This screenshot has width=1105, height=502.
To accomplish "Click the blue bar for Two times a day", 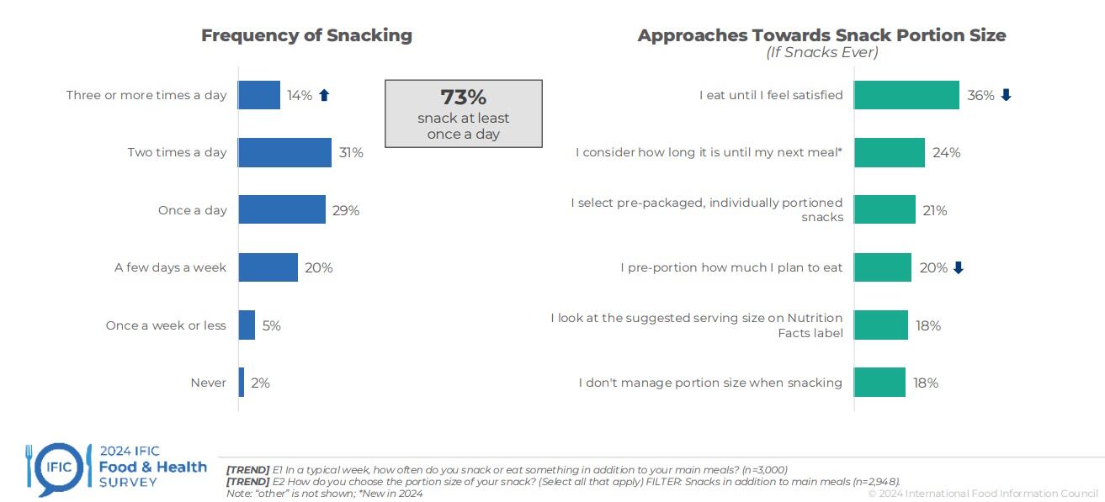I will [x=284, y=153].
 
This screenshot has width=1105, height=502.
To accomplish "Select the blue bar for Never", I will [x=242, y=383].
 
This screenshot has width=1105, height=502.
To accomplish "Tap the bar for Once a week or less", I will [x=247, y=325].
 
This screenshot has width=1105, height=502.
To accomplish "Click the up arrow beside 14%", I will [x=324, y=96].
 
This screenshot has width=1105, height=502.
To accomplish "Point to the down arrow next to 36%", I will [x=1006, y=96].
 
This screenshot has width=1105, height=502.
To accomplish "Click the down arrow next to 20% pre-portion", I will [x=958, y=268].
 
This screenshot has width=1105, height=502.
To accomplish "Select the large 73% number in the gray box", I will [x=464, y=98].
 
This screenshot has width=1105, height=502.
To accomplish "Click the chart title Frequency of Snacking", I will [x=306, y=35].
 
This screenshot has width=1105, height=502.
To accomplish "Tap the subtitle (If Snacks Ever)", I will [x=821, y=53].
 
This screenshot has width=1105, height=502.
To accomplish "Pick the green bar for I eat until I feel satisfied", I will [x=906, y=95].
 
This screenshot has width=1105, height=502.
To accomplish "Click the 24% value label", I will [x=946, y=153].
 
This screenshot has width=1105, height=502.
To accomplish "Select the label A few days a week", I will [x=171, y=268].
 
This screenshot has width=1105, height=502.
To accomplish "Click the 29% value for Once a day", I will [x=346, y=210].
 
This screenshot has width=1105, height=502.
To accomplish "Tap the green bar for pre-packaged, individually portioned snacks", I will [x=885, y=210].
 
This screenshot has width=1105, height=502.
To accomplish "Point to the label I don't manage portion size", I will [x=710, y=383].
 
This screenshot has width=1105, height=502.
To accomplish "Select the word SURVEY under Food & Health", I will [x=128, y=483].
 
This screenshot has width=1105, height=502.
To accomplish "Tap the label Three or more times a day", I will [x=146, y=96].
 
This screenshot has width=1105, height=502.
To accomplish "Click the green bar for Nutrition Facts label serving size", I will [x=881, y=325].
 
